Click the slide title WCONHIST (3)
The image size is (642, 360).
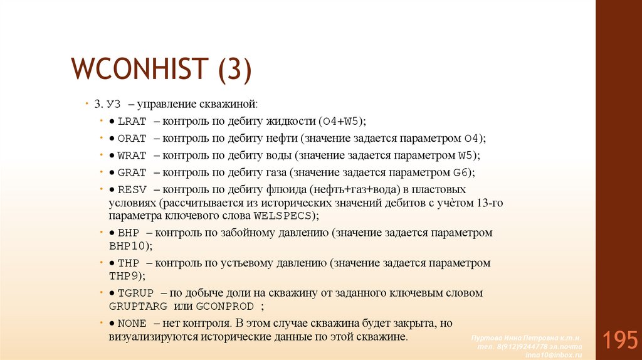[162, 68]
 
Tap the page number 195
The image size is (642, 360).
[619, 340]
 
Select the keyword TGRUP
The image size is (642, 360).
[135, 293]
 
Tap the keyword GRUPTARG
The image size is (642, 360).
[138, 307]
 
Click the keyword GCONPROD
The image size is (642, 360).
[225, 307]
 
